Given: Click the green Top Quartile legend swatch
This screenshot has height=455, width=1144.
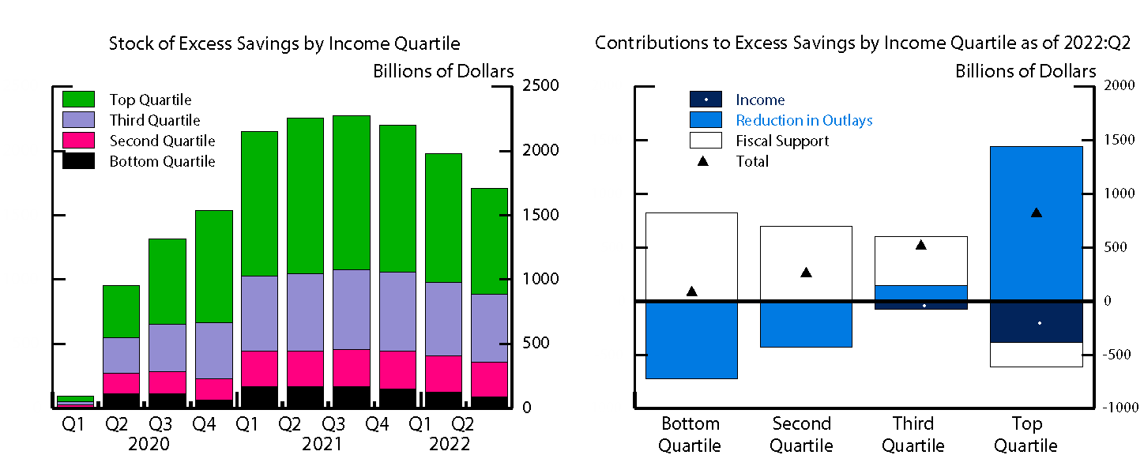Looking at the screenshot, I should (78, 100).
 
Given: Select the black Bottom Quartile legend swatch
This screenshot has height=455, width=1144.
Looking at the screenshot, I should (78, 161).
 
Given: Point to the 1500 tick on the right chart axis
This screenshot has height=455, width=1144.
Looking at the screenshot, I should (1113, 140).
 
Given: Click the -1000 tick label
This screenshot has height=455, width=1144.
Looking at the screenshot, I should (1116, 408).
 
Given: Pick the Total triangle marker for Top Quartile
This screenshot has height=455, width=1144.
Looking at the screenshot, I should (1037, 212).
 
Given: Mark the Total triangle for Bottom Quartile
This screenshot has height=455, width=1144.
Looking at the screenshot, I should (691, 291).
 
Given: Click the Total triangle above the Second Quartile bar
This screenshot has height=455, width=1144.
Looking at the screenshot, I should (806, 273).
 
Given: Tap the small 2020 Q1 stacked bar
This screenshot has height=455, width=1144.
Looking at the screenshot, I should (75, 401).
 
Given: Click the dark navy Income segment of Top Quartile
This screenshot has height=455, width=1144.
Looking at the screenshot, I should (1037, 322).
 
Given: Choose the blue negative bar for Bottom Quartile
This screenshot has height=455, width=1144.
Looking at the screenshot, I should (691, 340).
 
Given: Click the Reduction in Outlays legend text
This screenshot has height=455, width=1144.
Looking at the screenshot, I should (804, 120).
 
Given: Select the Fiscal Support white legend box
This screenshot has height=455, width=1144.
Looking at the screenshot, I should (706, 141).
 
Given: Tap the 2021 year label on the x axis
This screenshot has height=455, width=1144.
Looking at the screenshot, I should (322, 444).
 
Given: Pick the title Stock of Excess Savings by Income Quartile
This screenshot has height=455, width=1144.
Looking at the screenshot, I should (284, 43).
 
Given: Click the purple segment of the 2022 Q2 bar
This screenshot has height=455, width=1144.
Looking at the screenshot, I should (489, 328).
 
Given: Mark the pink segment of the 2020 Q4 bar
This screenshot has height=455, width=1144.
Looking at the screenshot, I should (214, 389).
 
